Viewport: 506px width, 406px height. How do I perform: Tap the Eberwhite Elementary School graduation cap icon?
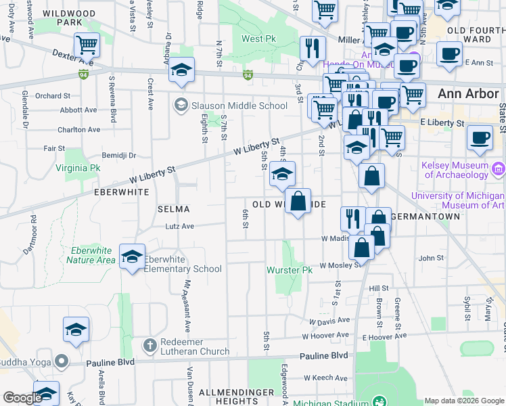[x=133, y=256]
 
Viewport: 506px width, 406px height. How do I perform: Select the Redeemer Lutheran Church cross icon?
[x=149, y=345]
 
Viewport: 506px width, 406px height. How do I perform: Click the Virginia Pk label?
[x=78, y=167]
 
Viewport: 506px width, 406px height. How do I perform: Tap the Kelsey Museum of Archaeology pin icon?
[x=499, y=168]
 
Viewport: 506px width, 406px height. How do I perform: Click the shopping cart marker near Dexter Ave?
[x=87, y=45]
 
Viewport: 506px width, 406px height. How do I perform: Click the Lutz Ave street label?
[x=180, y=226]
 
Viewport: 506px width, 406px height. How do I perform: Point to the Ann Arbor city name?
[x=468, y=94]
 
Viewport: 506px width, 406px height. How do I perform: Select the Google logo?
[x=22, y=398]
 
